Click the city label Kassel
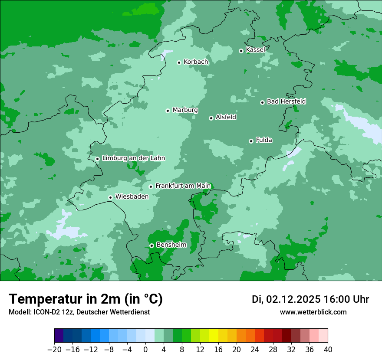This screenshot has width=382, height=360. [x=255, y=50]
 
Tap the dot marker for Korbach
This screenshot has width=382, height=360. [x=179, y=62]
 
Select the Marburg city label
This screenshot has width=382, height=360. [x=185, y=110]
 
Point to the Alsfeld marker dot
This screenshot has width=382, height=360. [x=211, y=118]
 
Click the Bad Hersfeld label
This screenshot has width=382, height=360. [x=286, y=101]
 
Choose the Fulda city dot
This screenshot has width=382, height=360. [x=251, y=141]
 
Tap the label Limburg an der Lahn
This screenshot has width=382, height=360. [x=133, y=158]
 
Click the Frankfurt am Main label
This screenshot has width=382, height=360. [x=183, y=186]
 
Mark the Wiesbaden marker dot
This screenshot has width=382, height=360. [x=111, y=197]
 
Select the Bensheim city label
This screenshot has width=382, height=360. [x=171, y=245]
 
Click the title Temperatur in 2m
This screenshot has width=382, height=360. [x=86, y=299]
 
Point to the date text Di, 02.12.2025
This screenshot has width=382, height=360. [x=286, y=299]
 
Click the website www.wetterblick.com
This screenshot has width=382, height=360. [x=313, y=312]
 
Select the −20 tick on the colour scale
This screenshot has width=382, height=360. [x=54, y=349]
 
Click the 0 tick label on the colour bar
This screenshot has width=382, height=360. [x=145, y=349]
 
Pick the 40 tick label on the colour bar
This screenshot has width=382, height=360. [x=328, y=349]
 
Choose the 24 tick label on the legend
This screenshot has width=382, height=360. [x=255, y=349]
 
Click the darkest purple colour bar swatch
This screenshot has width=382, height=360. [x=59, y=335]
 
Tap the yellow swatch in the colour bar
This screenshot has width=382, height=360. [x=214, y=335]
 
